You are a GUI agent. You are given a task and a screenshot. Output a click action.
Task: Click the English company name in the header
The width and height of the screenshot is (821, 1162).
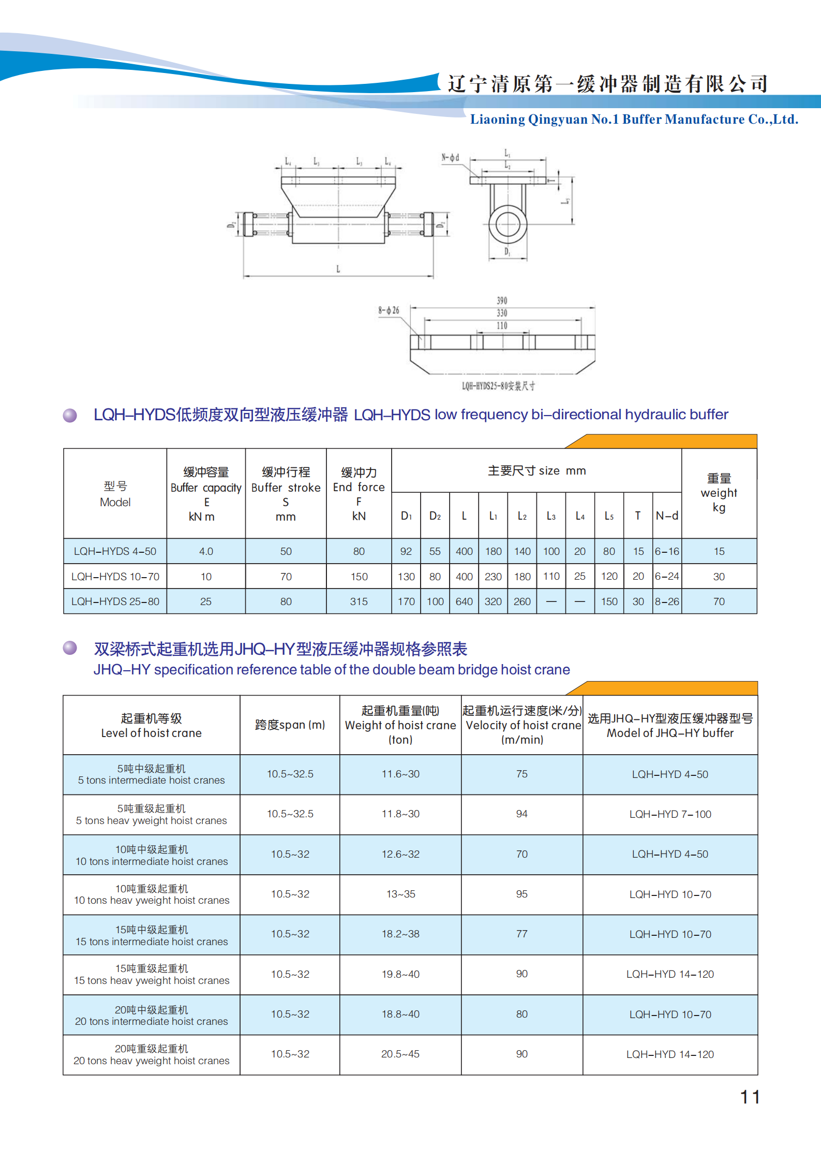(634, 120)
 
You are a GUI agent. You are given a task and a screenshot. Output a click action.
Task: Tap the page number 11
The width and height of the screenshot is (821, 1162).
(750, 1097)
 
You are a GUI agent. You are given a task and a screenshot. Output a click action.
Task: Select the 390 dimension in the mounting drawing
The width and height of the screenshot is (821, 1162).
(502, 301)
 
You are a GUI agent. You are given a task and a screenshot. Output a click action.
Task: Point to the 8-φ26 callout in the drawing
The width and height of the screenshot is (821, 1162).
(389, 311)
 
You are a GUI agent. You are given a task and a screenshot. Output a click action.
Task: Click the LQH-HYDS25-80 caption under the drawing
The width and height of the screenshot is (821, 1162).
(498, 386)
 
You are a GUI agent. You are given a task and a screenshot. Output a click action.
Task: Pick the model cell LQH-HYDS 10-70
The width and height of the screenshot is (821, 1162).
(115, 577)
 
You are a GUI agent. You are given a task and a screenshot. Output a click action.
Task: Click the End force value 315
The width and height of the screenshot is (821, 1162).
(359, 601)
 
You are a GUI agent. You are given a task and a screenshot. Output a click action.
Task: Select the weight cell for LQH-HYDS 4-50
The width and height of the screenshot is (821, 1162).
(719, 551)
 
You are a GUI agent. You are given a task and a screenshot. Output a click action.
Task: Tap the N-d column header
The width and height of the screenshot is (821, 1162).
(667, 516)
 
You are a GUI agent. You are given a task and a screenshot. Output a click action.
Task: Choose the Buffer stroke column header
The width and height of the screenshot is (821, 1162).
(286, 494)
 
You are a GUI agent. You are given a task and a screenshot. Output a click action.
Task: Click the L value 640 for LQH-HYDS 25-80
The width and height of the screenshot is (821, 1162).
(464, 601)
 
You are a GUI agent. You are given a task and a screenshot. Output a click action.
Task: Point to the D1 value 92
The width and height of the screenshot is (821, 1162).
(406, 551)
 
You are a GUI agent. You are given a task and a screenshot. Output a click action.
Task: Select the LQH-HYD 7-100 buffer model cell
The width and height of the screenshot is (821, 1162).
(670, 814)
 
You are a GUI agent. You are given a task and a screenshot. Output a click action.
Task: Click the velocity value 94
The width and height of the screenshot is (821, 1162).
(521, 814)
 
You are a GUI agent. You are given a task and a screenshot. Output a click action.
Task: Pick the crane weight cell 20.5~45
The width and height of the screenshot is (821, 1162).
(400, 1054)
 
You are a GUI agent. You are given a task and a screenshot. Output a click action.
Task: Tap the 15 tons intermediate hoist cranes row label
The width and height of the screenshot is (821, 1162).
(152, 935)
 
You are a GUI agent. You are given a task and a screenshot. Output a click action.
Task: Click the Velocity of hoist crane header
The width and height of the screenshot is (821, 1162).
(523, 725)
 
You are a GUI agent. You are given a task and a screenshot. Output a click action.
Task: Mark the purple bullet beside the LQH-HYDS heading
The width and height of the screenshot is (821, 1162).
(70, 415)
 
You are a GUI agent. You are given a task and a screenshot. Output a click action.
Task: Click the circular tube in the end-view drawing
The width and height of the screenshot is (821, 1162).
(507, 225)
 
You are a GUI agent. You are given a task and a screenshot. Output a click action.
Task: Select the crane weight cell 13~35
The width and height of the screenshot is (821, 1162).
(400, 894)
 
